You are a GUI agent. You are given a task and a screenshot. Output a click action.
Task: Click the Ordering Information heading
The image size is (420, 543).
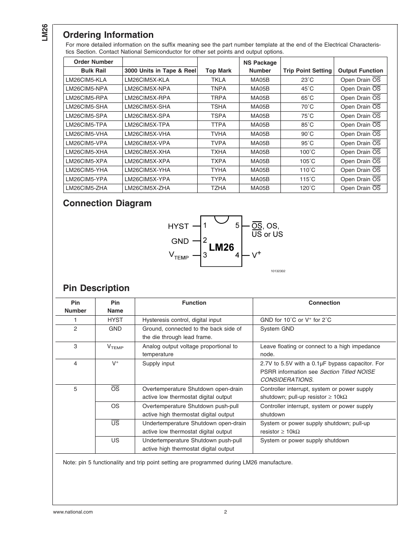point(108,35)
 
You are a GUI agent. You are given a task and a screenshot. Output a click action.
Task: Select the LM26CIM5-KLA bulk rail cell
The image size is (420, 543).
point(86,80)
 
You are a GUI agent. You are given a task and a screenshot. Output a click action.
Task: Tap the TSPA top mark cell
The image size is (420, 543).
point(218,116)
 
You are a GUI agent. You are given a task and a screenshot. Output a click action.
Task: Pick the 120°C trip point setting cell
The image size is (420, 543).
point(307,188)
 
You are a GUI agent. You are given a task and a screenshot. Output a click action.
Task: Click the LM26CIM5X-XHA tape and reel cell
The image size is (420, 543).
point(147,152)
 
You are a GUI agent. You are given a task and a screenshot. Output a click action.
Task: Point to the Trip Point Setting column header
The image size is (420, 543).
point(307,70)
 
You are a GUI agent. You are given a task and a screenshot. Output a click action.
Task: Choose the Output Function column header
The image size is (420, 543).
point(360,70)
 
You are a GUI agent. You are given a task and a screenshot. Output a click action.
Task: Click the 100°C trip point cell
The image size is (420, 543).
point(307,152)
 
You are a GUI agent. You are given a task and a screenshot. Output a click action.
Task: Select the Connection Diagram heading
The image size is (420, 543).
point(107,203)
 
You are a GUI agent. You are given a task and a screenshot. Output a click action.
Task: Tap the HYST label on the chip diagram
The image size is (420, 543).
point(178,226)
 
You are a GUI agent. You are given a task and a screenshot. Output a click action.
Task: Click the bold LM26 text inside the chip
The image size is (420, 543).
point(221,248)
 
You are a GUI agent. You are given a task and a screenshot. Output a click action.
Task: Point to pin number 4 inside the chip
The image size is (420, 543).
point(237,255)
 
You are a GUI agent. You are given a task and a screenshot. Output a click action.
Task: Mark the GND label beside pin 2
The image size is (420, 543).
point(180,241)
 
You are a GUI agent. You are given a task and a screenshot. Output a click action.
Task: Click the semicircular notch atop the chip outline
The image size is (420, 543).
point(221,219)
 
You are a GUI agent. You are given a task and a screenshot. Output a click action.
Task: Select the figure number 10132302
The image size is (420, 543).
point(278,271)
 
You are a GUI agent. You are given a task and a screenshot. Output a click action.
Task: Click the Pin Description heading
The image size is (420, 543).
point(96,288)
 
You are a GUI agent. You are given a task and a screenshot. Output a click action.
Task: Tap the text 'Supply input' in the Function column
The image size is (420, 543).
point(158,364)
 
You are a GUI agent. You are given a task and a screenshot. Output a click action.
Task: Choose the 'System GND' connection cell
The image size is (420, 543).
point(277,329)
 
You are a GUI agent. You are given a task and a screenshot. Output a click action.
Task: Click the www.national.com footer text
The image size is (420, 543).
point(73,512)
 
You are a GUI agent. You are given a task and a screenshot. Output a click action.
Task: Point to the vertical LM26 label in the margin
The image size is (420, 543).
point(45,33)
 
